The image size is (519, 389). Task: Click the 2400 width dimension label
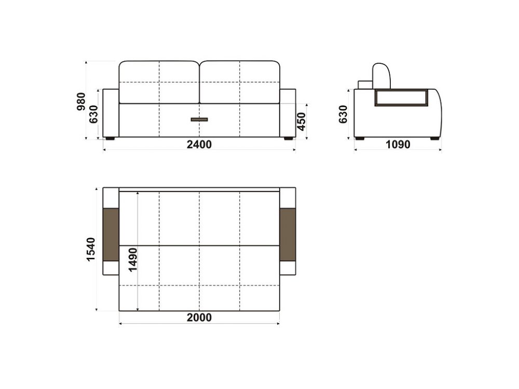(x=199, y=145)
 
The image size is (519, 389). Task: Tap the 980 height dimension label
(x=81, y=102)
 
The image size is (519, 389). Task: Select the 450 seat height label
(x=302, y=121)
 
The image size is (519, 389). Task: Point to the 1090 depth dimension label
(x=398, y=145)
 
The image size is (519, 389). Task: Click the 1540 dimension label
(x=91, y=249)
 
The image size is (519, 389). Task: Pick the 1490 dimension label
(x=133, y=260)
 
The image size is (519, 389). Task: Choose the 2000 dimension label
(x=199, y=317)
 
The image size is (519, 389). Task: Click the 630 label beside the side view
(x=343, y=114)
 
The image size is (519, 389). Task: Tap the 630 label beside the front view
(x=93, y=114)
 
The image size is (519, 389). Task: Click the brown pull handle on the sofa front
(x=199, y=119)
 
